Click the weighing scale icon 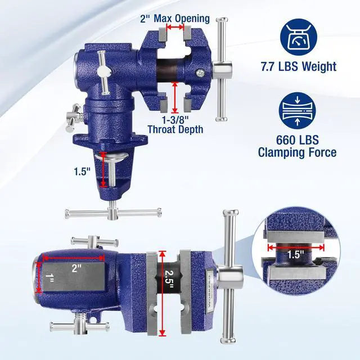299,37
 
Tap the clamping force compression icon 298,111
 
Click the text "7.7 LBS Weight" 299,66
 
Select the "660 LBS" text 298,140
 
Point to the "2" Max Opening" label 175,19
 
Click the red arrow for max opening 175,27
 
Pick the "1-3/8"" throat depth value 175,119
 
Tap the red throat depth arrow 175,97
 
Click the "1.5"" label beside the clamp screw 82,171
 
